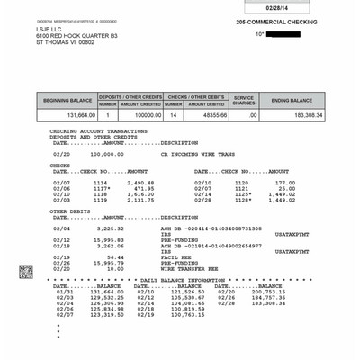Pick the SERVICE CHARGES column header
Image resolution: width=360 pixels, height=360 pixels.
pyautogui.click(x=245, y=99)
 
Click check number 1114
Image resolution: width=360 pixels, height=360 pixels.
pyautogui.click(x=101, y=181)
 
